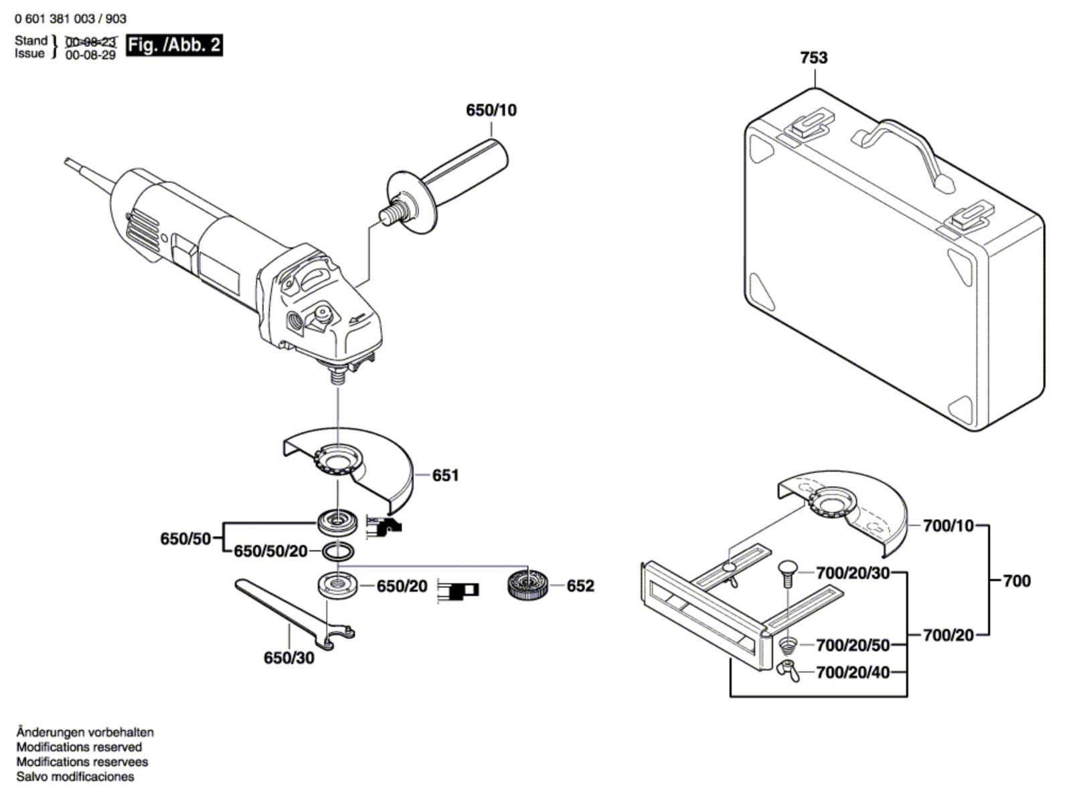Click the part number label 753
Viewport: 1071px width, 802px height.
click(x=814, y=58)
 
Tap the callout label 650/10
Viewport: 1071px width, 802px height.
click(x=491, y=110)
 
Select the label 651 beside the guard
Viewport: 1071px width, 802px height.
click(x=446, y=476)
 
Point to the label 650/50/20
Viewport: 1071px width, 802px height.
click(x=271, y=551)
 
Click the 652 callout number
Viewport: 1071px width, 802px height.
click(x=580, y=585)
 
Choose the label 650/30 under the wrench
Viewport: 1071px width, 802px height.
click(x=289, y=658)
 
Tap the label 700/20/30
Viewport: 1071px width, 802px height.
click(x=853, y=573)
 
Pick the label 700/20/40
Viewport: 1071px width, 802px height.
click(x=853, y=672)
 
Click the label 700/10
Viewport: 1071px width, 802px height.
click(x=948, y=526)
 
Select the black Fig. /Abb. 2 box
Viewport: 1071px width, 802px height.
click(x=174, y=45)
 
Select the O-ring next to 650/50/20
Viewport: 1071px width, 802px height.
click(x=337, y=551)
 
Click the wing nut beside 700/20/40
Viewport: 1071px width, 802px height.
click(x=787, y=671)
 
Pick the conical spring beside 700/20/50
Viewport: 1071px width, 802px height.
click(x=787, y=646)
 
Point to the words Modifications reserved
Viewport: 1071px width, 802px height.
click(x=79, y=747)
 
